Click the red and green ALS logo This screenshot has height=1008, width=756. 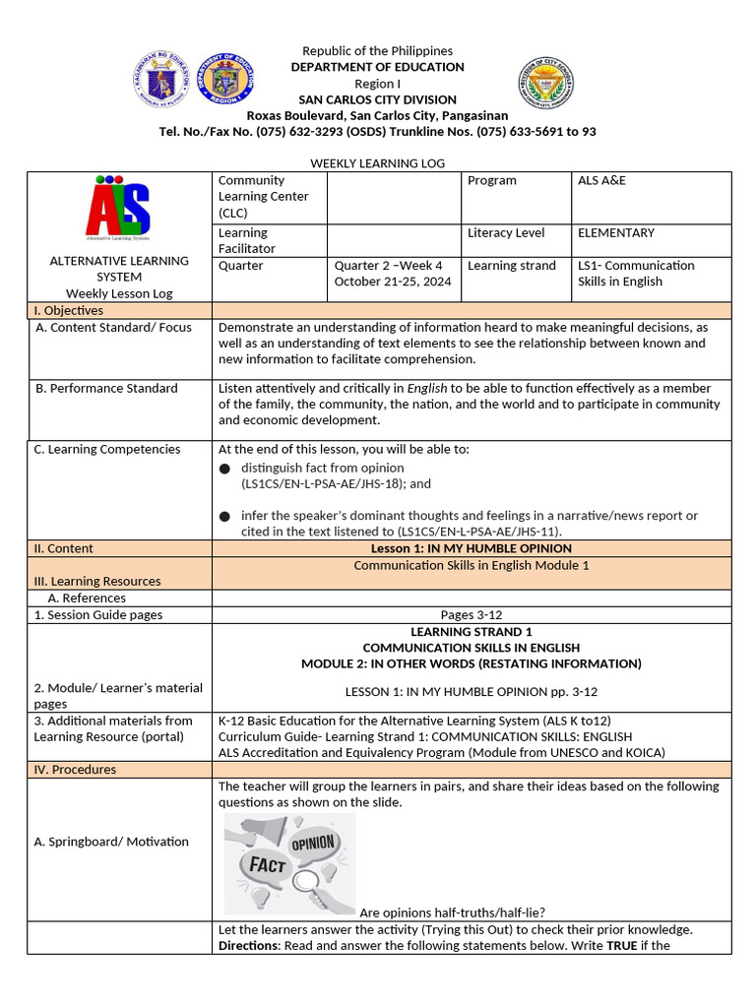point(118,208)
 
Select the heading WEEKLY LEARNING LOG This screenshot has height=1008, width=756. point(378,163)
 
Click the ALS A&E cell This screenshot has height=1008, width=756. point(601,181)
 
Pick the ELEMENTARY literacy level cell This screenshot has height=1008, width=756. point(615,233)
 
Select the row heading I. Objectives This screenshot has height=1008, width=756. point(68,311)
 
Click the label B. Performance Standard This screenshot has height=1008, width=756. point(106,388)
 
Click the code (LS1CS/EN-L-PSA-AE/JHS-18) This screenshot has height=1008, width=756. point(336,484)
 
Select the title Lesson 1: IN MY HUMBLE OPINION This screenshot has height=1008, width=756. point(471,548)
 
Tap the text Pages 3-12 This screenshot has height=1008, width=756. point(471,615)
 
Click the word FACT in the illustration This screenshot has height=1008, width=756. point(267,864)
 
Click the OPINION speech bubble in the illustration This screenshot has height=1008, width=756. point(313,843)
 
